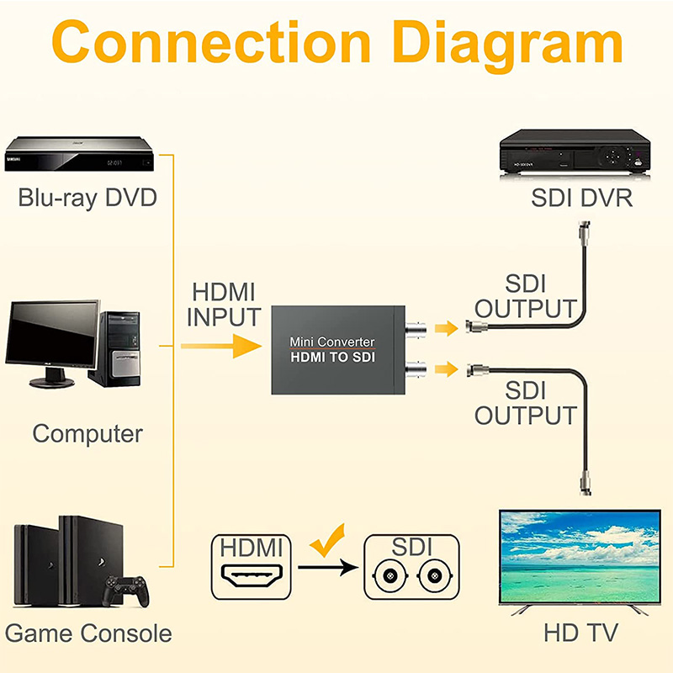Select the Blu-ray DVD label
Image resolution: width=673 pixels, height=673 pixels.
point(87,199)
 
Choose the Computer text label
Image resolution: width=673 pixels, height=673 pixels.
point(87,434)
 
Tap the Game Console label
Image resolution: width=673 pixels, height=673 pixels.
point(87,633)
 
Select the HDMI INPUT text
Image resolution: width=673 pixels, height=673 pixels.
point(223,305)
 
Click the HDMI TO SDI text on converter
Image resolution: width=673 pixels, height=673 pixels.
point(332,358)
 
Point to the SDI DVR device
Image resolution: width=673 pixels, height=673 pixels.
point(577,152)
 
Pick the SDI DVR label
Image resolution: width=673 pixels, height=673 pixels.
point(581,199)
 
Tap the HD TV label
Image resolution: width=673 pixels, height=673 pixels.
point(580,633)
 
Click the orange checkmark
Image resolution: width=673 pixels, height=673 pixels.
point(328,540)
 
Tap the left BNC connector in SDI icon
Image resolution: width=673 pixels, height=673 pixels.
point(389,577)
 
